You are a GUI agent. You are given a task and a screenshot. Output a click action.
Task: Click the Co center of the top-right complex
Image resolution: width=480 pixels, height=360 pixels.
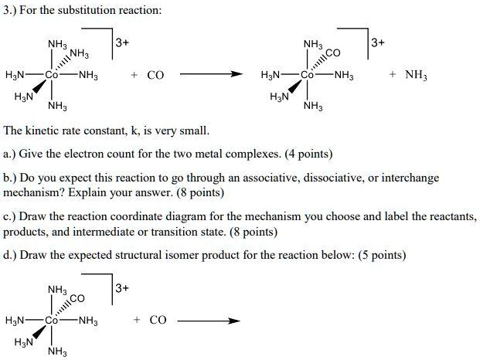pyautogui.click(x=308, y=76)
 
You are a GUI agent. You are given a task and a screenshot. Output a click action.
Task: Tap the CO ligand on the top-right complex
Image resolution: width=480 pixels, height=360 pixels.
pyautogui.click(x=333, y=51)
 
